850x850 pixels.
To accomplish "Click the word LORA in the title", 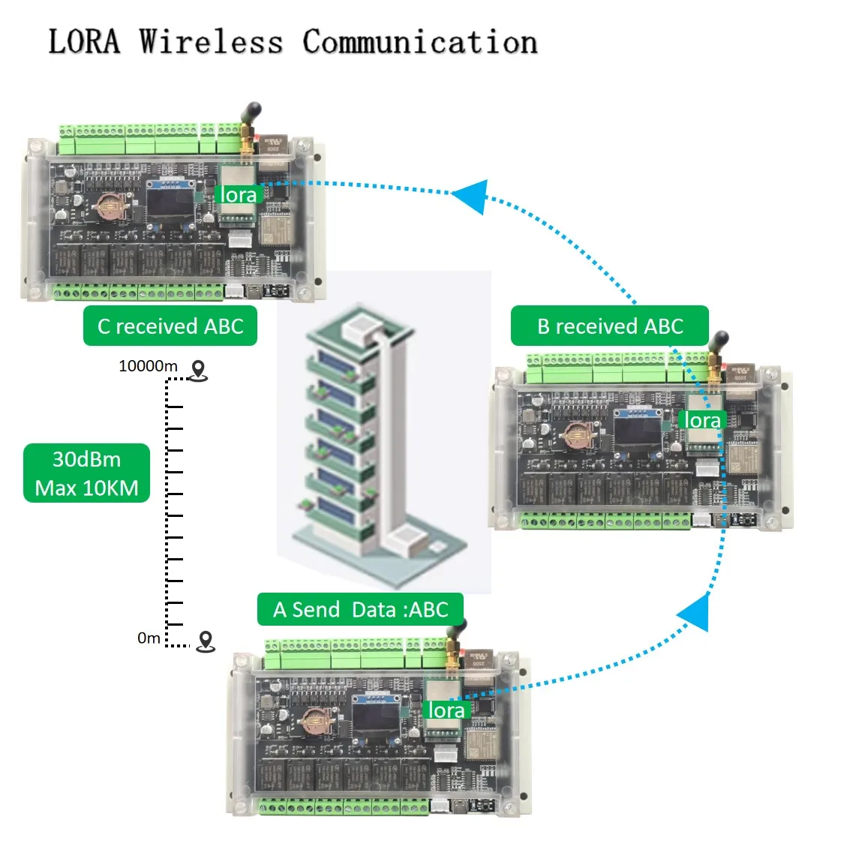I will tap(84, 42).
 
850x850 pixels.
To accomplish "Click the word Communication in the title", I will tap(419, 42).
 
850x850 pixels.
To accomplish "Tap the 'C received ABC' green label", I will tap(170, 326).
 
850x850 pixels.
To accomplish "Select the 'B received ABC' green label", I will tap(609, 326).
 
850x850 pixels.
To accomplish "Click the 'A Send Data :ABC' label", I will tap(360, 609).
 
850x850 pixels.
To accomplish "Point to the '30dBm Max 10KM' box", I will tap(87, 473).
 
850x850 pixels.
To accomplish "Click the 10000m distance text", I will tap(148, 366).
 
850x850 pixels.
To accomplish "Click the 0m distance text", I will tap(149, 638).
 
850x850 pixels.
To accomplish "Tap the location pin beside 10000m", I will tap(198, 370).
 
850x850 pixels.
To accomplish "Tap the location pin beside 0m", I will tap(205, 641).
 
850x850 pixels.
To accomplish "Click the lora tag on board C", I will tap(239, 195).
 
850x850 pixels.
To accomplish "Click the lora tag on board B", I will tap(702, 421).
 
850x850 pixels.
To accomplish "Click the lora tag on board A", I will tap(446, 710).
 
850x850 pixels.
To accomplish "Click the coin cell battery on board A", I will tap(314, 721).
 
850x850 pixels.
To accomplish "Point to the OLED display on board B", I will tap(637, 429).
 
